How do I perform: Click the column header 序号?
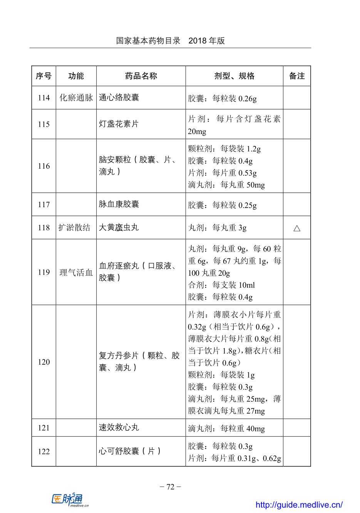tap(44, 76)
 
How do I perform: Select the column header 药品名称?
tap(141, 76)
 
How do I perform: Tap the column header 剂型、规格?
tap(234, 76)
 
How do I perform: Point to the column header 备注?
tap(297, 76)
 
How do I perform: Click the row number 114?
tap(44, 98)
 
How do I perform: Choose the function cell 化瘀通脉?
tap(76, 98)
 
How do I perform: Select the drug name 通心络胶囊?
tap(119, 97)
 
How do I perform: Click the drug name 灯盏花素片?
tap(119, 124)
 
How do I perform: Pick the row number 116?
tap(44, 166)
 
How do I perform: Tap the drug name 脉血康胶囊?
tap(119, 204)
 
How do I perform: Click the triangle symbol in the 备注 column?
tap(297, 228)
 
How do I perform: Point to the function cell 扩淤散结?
tap(74, 228)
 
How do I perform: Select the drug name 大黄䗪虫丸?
tap(119, 228)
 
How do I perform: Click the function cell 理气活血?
tap(76, 273)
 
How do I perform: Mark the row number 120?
tap(44, 362)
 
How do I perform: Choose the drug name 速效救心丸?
tap(119, 427)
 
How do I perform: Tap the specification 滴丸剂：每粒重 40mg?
tap(226, 428)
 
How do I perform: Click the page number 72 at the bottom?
tap(170, 487)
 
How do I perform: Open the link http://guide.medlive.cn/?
tap(299, 505)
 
